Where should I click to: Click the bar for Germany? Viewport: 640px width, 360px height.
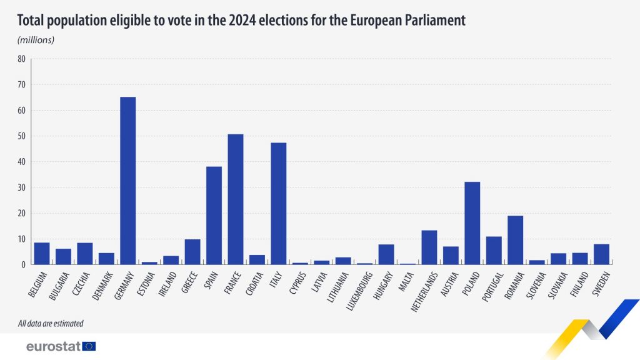pyautogui.click(x=127, y=181)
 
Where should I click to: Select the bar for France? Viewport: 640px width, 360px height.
pyautogui.click(x=236, y=199)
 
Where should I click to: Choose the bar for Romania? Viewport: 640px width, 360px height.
pyautogui.click(x=516, y=240)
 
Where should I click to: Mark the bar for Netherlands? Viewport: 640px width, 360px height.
pyautogui.click(x=429, y=247)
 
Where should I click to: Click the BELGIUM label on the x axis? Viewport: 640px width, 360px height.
pyautogui.click(x=39, y=284)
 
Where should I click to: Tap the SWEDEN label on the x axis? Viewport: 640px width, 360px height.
pyautogui.click(x=599, y=283)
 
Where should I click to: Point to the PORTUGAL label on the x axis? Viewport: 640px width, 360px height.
pyautogui.click(x=491, y=286)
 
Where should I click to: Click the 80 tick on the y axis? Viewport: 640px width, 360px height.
pyautogui.click(x=21, y=59)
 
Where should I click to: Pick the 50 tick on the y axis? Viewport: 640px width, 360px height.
pyautogui.click(x=21, y=136)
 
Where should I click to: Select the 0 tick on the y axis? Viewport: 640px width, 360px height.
pyautogui.click(x=23, y=264)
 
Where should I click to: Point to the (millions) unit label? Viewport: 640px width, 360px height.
pyautogui.click(x=36, y=40)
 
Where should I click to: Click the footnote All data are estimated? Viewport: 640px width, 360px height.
pyautogui.click(x=51, y=324)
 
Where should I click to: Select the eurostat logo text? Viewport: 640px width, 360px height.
pyautogui.click(x=53, y=346)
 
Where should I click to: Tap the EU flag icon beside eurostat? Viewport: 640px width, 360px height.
pyautogui.click(x=89, y=346)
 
